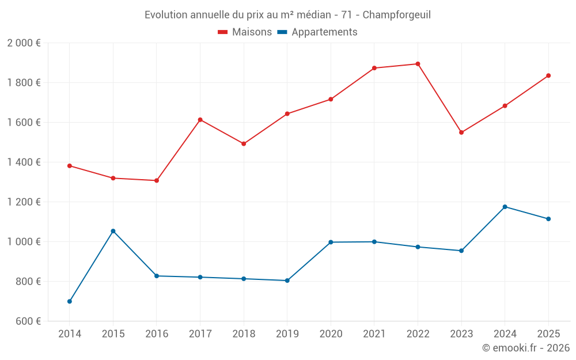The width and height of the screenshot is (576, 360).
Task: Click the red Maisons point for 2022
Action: pyautogui.click(x=418, y=64)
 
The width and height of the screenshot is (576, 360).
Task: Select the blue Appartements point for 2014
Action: pyautogui.click(x=70, y=301)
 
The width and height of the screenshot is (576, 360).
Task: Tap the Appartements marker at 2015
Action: pyautogui.click(x=113, y=231)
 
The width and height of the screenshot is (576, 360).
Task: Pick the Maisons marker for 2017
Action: pyautogui.click(x=200, y=120)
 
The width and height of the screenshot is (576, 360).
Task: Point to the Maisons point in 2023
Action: pyautogui.click(x=461, y=132)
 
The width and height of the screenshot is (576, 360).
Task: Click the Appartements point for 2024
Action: pyautogui.click(x=505, y=207)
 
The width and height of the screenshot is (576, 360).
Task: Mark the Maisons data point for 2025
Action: pyautogui.click(x=548, y=75)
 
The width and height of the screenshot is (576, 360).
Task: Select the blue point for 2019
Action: pyautogui.click(x=287, y=281)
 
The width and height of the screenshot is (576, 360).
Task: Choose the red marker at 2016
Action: pyautogui.click(x=157, y=180)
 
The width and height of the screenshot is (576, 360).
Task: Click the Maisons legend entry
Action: pyautogui.click(x=245, y=32)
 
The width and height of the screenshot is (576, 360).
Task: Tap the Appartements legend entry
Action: pyautogui.click(x=317, y=32)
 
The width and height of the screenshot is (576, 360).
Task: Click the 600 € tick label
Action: pyautogui.click(x=27, y=321)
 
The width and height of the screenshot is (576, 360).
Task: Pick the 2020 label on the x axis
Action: pyautogui.click(x=331, y=334)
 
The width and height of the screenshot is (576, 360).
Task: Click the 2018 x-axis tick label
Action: pyautogui.click(x=244, y=334)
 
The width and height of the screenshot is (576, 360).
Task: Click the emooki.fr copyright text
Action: pyautogui.click(x=526, y=348)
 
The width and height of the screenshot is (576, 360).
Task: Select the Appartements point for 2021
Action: pyautogui.click(x=374, y=242)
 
